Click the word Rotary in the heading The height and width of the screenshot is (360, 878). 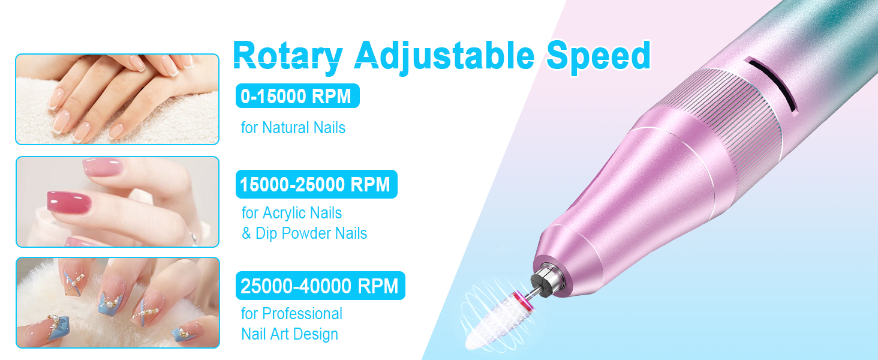pyautogui.click(x=287, y=55)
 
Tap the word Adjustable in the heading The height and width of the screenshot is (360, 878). pyautogui.click(x=444, y=55)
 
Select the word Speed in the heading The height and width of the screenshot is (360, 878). pyautogui.click(x=599, y=55)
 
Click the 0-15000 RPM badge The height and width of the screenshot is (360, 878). pyautogui.click(x=297, y=96)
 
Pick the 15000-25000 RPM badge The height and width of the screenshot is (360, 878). pyautogui.click(x=316, y=184)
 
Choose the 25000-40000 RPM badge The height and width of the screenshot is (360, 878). pyautogui.click(x=320, y=286)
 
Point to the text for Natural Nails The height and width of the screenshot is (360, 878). pyautogui.click(x=293, y=128)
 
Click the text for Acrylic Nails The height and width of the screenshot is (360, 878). pyautogui.click(x=291, y=213)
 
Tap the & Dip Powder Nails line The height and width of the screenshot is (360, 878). pyautogui.click(x=304, y=233)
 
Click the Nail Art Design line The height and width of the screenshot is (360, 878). pyautogui.click(x=290, y=334)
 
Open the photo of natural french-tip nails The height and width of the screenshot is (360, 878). pyautogui.click(x=117, y=99)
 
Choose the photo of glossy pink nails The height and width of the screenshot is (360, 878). pyautogui.click(x=117, y=202)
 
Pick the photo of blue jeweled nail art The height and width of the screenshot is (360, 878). pyautogui.click(x=117, y=302)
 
